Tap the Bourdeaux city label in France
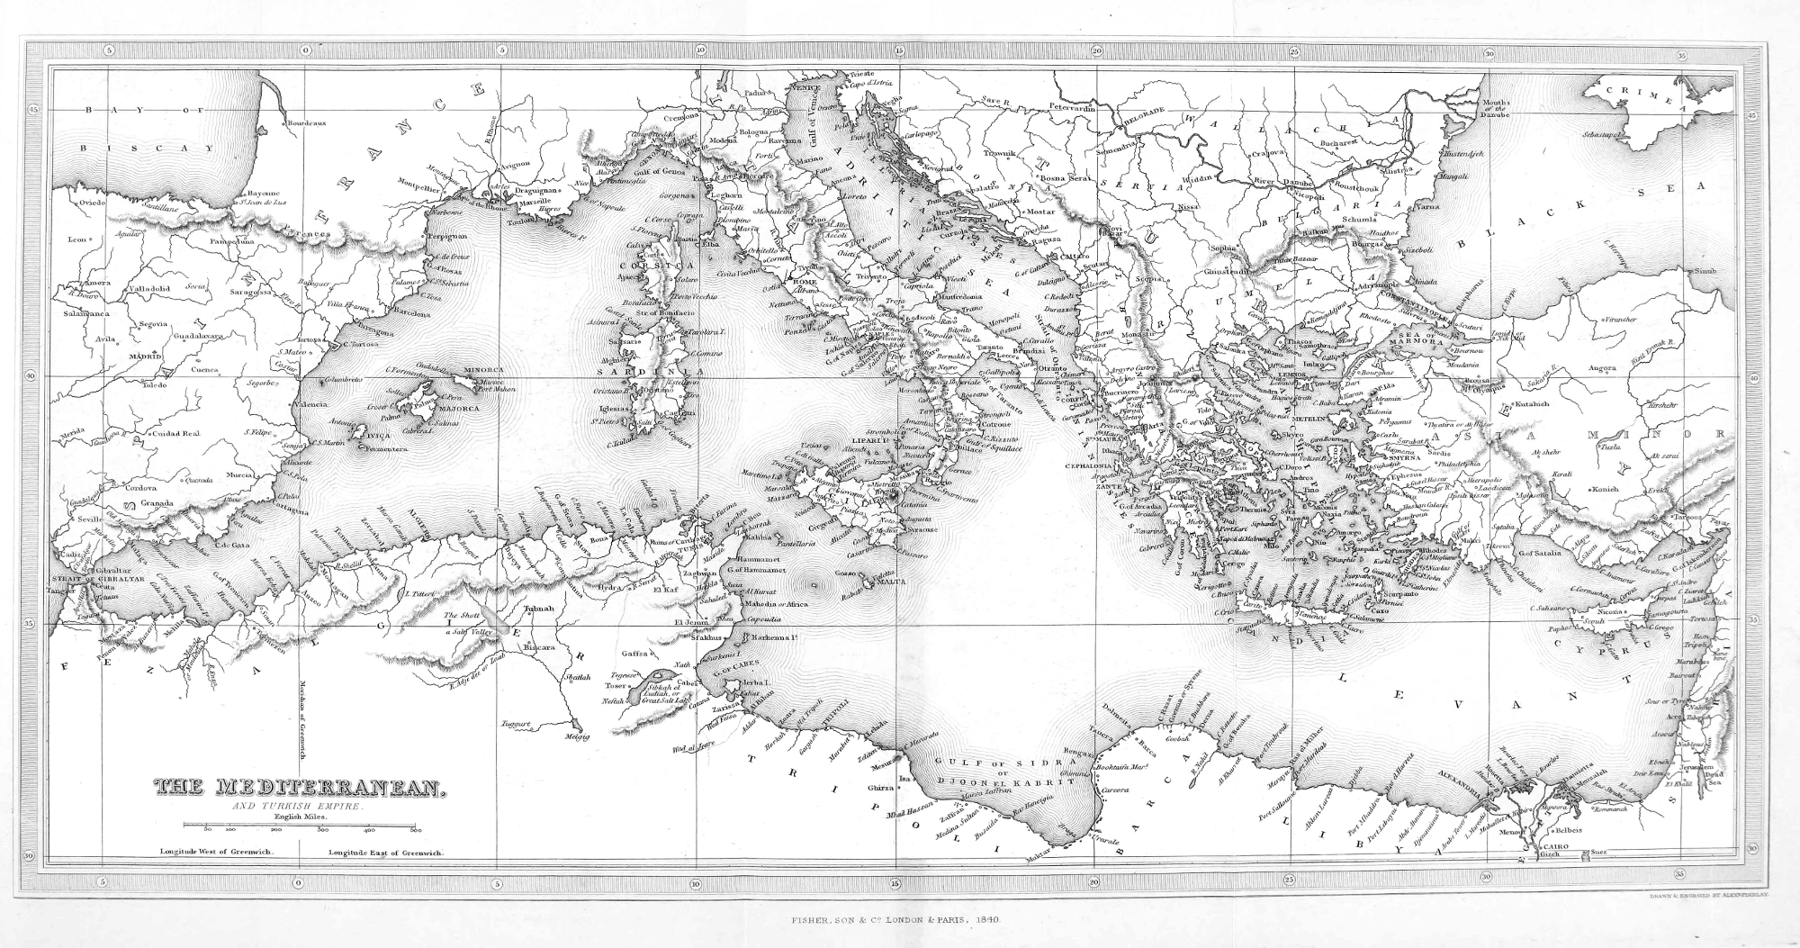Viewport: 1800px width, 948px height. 306,122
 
